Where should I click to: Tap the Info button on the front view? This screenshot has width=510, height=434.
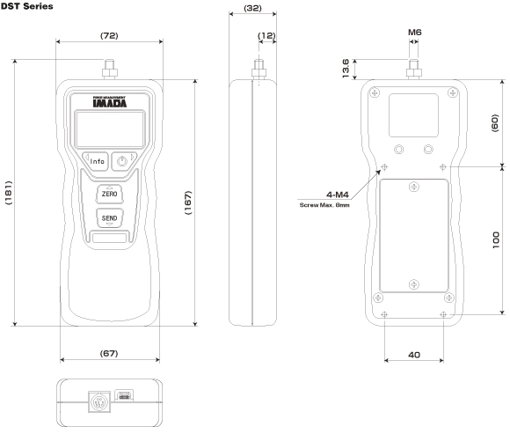pos(97,161)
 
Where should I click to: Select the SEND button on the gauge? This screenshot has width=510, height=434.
pos(109,217)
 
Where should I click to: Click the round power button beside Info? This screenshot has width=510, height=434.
pos(124,161)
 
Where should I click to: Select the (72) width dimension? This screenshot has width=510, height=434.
pos(109,35)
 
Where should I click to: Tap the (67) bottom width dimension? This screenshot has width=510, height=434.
pos(109,353)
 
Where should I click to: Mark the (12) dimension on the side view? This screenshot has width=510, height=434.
pos(266,35)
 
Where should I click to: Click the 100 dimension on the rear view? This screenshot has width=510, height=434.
pos(496,240)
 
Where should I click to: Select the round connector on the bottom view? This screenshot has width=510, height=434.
pos(98,401)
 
